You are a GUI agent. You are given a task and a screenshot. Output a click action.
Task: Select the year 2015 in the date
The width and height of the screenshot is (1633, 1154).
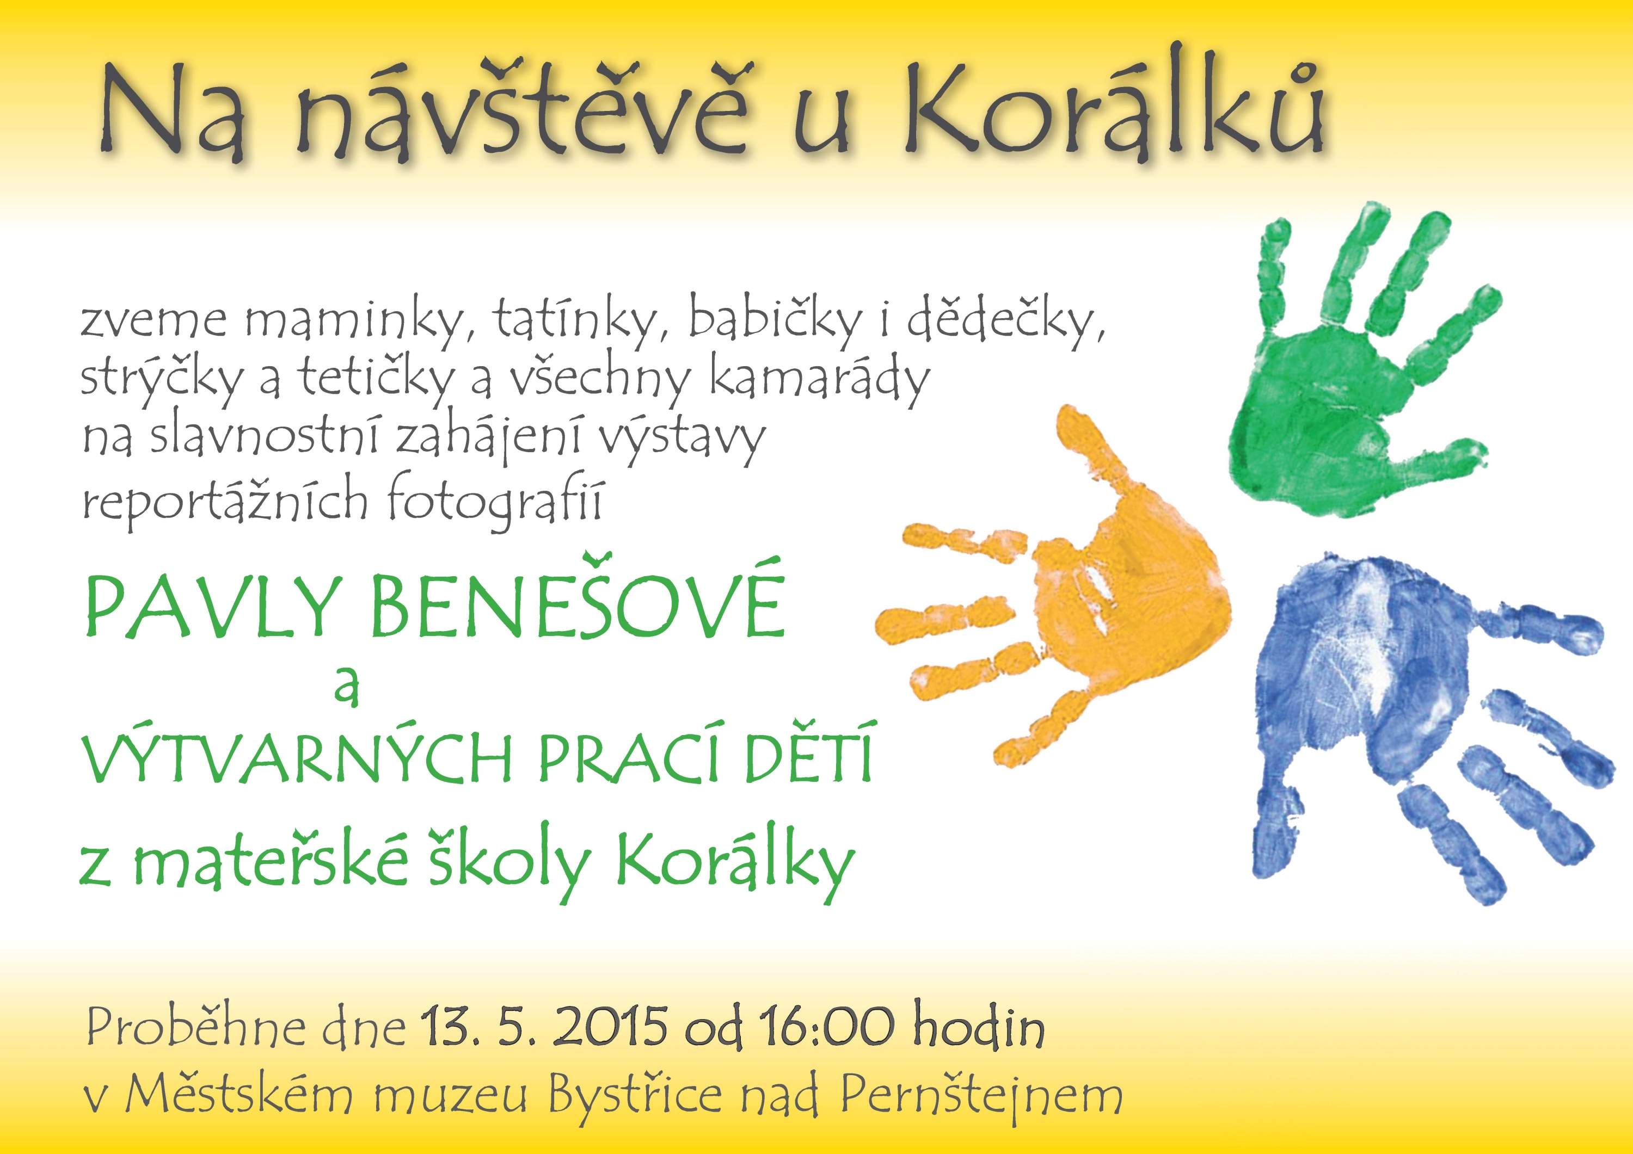[x=610, y=1027]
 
